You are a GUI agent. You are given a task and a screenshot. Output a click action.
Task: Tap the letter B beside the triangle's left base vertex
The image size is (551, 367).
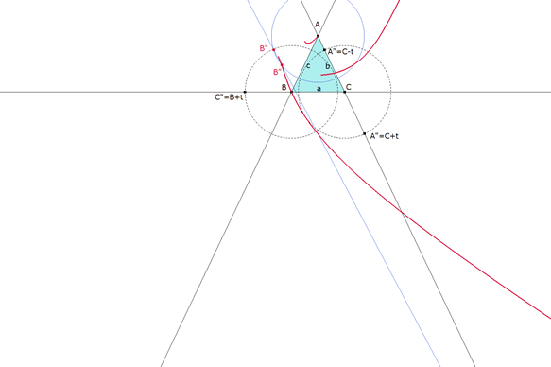284,86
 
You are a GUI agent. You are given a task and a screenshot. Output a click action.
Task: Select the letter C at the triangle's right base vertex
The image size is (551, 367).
349,86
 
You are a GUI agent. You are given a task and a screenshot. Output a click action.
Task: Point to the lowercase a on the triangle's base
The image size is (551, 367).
319,87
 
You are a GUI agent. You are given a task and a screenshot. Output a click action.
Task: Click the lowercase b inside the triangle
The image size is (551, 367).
327,67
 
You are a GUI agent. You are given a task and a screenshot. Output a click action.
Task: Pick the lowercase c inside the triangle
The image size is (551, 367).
307,65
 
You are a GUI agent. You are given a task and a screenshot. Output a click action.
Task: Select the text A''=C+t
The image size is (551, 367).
386,136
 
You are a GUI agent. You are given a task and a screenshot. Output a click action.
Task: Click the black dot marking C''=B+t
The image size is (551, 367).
245,92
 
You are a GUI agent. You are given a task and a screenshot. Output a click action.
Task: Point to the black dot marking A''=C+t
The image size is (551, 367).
366,134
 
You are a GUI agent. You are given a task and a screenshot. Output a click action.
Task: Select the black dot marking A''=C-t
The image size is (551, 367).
323,50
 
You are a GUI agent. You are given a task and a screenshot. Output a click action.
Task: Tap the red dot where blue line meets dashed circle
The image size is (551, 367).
274,50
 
